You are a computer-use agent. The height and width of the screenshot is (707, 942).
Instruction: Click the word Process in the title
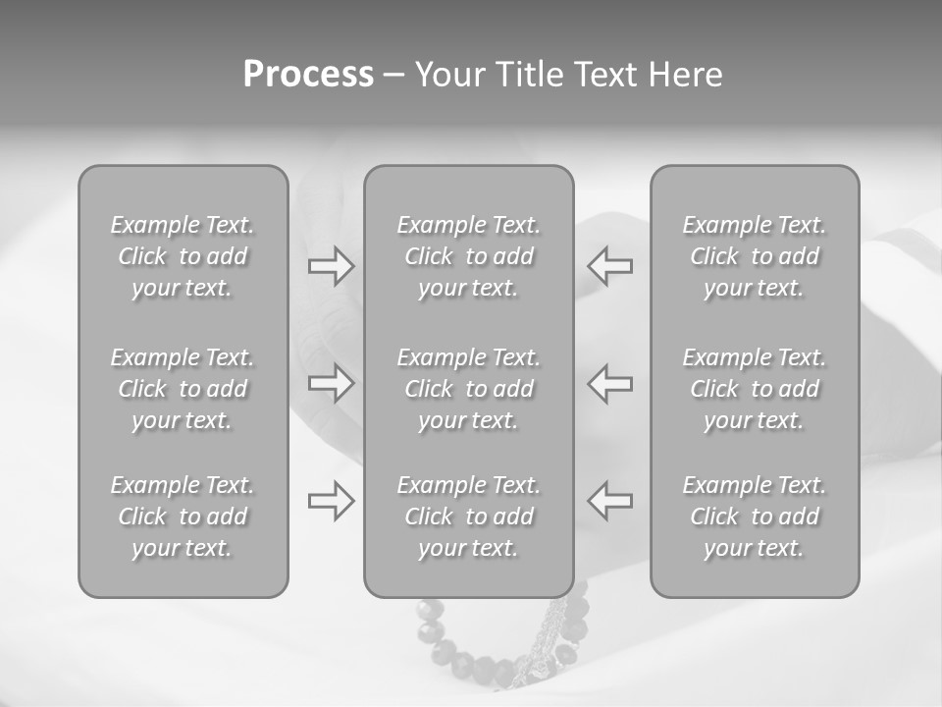pyautogui.click(x=308, y=75)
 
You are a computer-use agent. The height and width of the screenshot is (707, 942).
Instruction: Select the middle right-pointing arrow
pyautogui.click(x=332, y=383)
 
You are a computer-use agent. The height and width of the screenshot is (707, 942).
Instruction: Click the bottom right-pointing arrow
pyautogui.click(x=332, y=501)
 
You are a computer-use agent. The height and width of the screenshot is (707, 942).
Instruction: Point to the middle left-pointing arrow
pyautogui.click(x=610, y=383)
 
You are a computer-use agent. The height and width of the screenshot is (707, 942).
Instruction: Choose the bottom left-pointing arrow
pyautogui.click(x=610, y=501)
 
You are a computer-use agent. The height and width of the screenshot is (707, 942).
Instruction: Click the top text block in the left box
pyautogui.click(x=183, y=256)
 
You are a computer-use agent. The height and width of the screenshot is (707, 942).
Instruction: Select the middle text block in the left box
pyautogui.click(x=183, y=389)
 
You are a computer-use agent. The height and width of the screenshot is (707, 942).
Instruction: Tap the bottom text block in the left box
pyautogui.click(x=183, y=517)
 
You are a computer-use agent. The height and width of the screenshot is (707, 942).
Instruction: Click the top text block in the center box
pyautogui.click(x=469, y=256)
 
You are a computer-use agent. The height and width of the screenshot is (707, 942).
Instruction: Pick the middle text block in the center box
pyautogui.click(x=469, y=389)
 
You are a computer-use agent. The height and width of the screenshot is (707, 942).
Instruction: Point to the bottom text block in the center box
pyautogui.click(x=469, y=517)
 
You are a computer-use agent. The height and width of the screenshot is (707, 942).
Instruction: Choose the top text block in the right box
pyautogui.click(x=755, y=256)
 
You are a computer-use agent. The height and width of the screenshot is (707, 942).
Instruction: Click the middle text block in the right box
pyautogui.click(x=755, y=389)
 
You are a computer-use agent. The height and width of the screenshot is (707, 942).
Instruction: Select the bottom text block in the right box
pyautogui.click(x=755, y=517)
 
